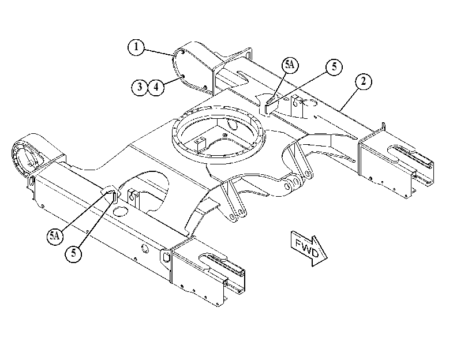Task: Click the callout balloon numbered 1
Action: click(136, 47)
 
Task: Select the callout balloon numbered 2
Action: click(363, 81)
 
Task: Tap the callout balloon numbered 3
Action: click(140, 87)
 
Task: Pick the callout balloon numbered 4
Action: click(156, 87)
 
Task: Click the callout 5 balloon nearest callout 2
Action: click(334, 66)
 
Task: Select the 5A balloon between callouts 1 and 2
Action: click(290, 65)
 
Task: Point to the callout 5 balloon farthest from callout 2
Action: click(73, 254)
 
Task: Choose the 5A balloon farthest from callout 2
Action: click(55, 236)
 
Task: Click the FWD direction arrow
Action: click(308, 247)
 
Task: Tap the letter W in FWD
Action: click(307, 247)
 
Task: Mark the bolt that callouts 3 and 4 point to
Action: click(184, 77)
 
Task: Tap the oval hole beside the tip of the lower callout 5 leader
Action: click(120, 211)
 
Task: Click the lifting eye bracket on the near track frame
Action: click(166, 256)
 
